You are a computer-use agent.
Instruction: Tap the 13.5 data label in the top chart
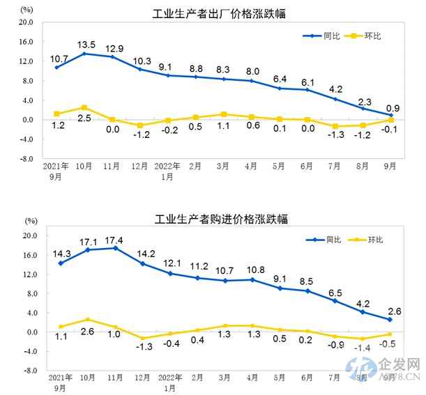pos(85,41)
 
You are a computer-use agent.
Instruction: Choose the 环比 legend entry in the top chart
pos(374,36)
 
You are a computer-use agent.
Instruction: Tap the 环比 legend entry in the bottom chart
pos(375,240)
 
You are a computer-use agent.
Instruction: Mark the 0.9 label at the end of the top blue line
pos(393,108)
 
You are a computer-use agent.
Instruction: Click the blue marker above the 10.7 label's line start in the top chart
pos(56,67)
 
